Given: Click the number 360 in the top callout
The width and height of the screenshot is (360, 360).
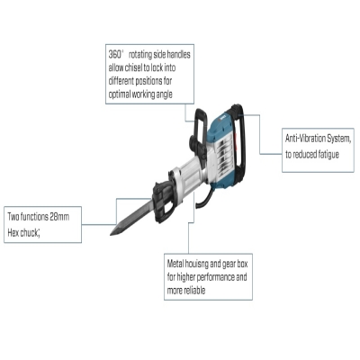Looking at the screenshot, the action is point(115,55).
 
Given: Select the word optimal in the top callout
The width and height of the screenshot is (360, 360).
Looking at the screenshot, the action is point(120,94).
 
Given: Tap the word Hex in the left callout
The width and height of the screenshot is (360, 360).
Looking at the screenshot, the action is point(13,232).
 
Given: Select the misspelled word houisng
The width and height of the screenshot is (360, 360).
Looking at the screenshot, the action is point(196,264).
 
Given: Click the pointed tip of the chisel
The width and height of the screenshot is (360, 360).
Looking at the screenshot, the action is point(111,234).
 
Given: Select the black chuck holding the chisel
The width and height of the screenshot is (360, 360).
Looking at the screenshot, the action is point(163,200).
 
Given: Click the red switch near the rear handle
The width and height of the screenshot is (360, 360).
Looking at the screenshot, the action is point(237,140).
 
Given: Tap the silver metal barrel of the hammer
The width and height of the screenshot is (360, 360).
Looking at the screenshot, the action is point(187,174).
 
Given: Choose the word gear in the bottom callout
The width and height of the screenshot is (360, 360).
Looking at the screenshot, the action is point(229,264).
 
